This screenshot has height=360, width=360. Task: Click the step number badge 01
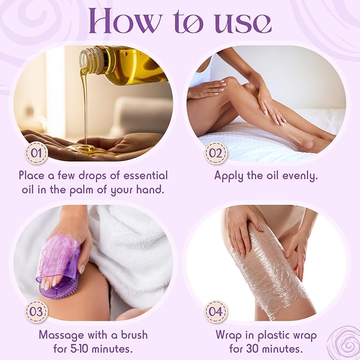pyautogui.click(x=37, y=153)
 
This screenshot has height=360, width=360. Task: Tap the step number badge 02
pyautogui.click(x=216, y=153)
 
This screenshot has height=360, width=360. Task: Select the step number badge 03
pyautogui.click(x=37, y=312)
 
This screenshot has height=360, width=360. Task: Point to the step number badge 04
pyautogui.click(x=216, y=312)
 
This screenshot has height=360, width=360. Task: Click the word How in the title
pyautogui.click(x=126, y=22)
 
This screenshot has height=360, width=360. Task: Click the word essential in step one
pyautogui.click(x=146, y=175)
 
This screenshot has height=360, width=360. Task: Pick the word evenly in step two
pyautogui.click(x=300, y=177)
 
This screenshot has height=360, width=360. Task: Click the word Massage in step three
pyautogui.click(x=62, y=335)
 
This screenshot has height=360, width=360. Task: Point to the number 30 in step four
pyautogui.click(x=252, y=349)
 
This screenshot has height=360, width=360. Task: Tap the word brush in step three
pyautogui.click(x=135, y=335)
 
